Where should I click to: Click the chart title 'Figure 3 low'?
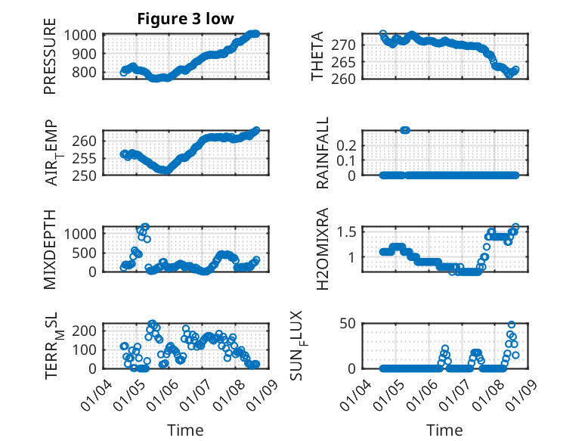[x=185, y=19]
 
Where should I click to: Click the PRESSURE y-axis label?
[x=51, y=61]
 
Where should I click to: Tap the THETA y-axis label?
[x=318, y=57]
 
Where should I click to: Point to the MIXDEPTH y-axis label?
[x=51, y=249]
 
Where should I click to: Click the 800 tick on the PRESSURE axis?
[x=85, y=73]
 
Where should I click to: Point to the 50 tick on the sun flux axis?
[x=348, y=325]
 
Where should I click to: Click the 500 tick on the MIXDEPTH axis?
[x=85, y=253]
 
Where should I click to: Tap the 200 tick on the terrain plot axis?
[x=85, y=330]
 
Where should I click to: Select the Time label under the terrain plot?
[x=185, y=430]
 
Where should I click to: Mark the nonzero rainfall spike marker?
[x=405, y=130]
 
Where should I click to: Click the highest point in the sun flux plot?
[x=512, y=325]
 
